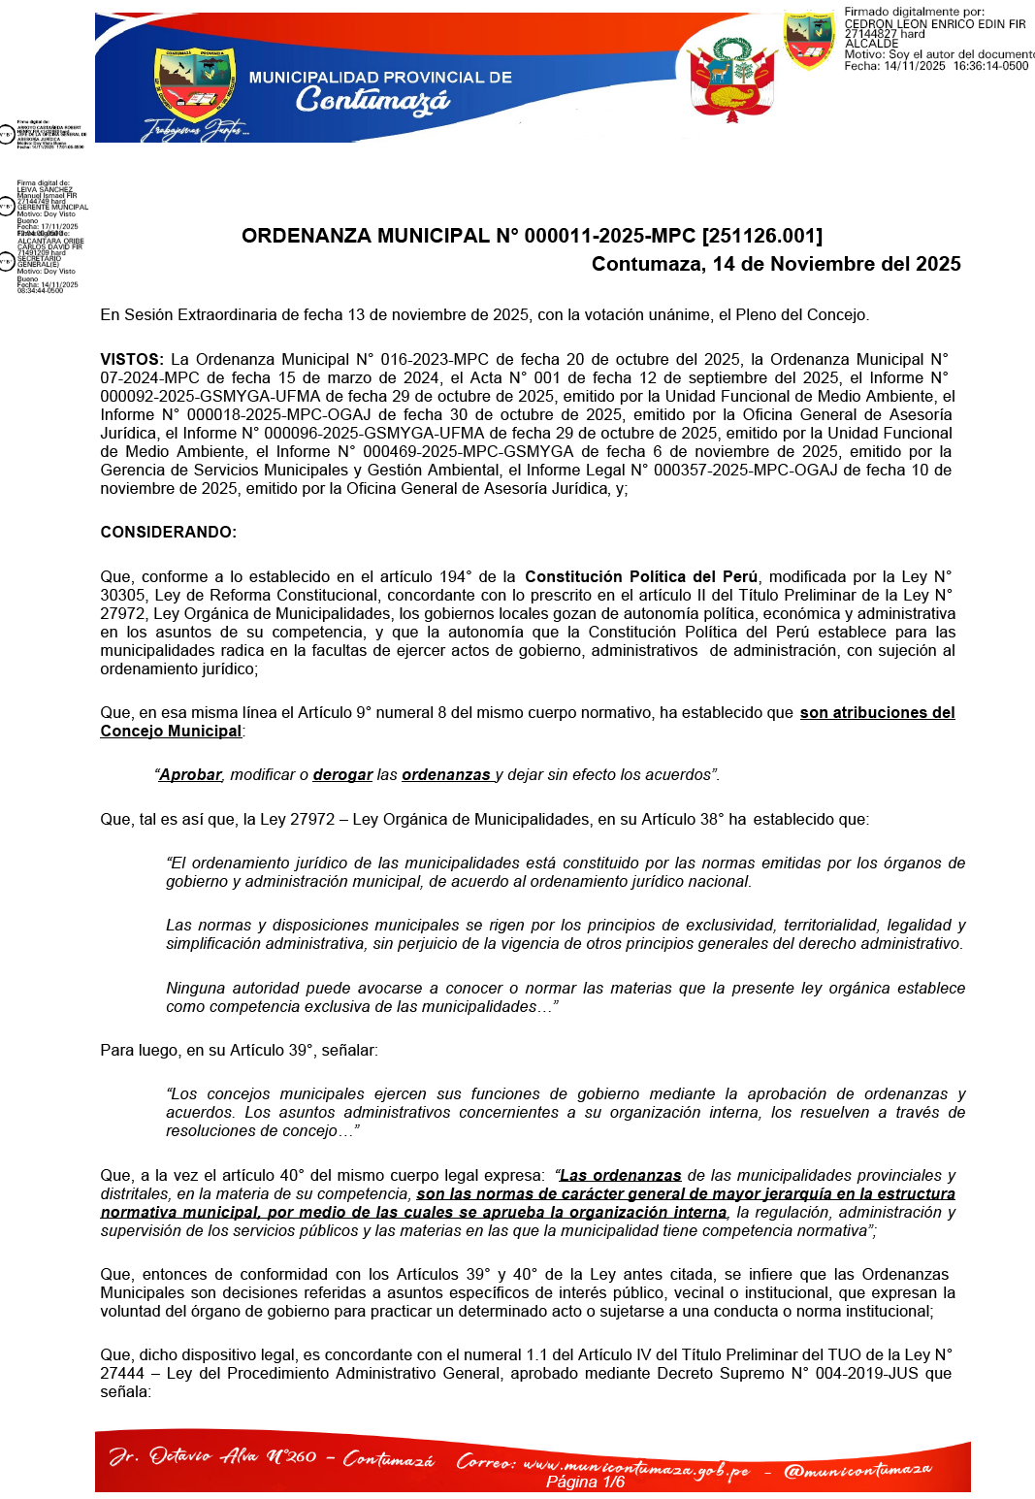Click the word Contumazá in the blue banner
[x=373, y=100]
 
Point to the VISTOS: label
[x=132, y=360]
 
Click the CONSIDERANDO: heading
[x=168, y=532]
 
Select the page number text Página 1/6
[x=585, y=1483]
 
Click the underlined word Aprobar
[x=191, y=775]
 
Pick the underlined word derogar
[x=342, y=775]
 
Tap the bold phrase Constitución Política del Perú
[x=641, y=577]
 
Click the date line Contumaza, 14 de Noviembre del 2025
[x=776, y=264]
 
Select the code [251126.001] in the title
[x=761, y=236]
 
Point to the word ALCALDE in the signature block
[x=871, y=44]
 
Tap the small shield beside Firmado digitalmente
[x=809, y=40]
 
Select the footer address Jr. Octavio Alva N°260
[x=212, y=1457]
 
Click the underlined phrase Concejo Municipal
[x=171, y=732]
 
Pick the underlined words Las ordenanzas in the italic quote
[x=621, y=1176]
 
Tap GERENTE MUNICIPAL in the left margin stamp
[x=52, y=208]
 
